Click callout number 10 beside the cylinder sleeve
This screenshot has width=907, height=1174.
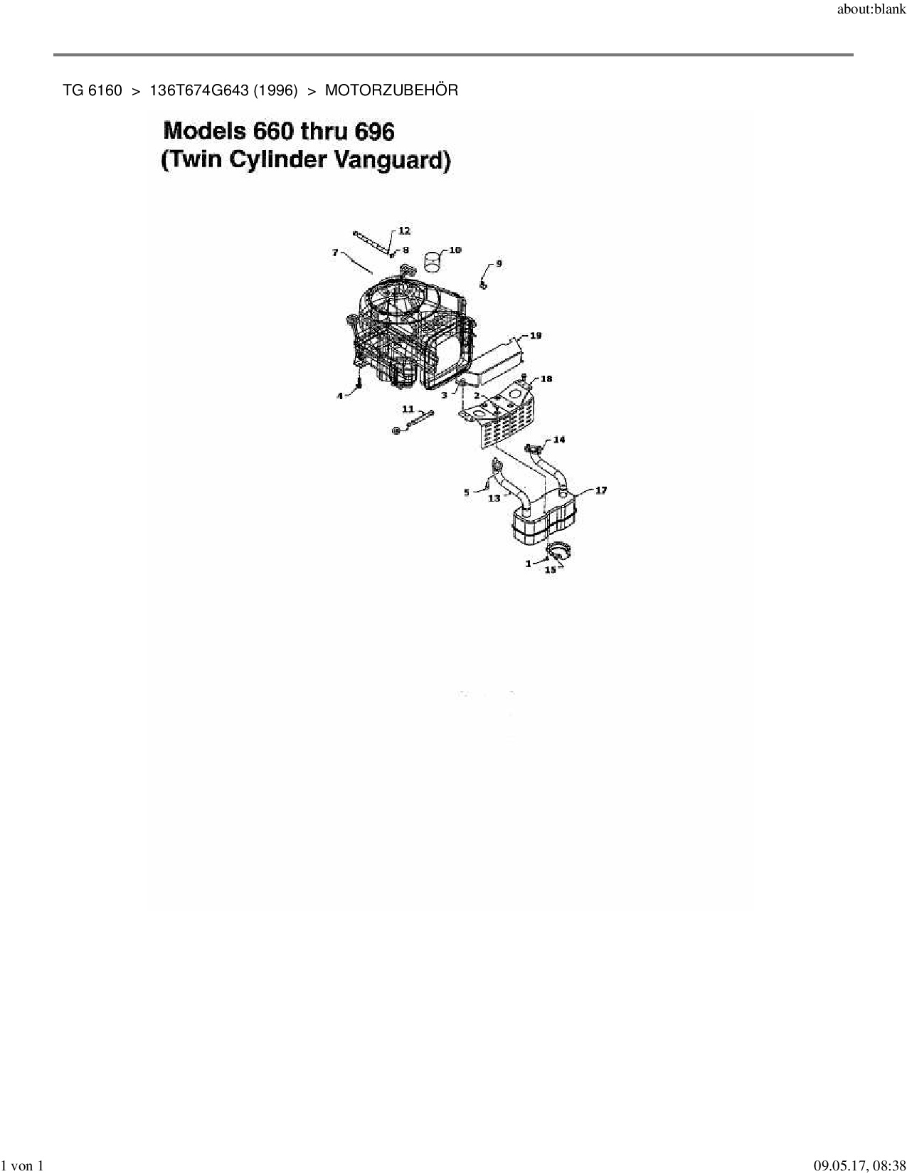[455, 250]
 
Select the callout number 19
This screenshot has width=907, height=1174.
[536, 335]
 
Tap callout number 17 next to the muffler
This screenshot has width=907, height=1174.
[601, 490]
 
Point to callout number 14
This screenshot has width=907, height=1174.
[559, 440]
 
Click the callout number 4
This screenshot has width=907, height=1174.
[340, 396]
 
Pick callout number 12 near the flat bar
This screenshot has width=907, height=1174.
[404, 231]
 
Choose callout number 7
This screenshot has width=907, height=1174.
[335, 253]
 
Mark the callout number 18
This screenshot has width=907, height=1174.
[546, 379]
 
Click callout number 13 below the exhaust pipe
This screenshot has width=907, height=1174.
[494, 499]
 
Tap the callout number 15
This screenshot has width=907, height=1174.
[550, 570]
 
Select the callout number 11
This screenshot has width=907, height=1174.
[408, 408]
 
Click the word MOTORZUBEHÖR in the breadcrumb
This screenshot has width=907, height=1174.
[391, 90]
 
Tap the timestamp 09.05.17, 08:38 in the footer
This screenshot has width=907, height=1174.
[860, 1165]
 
